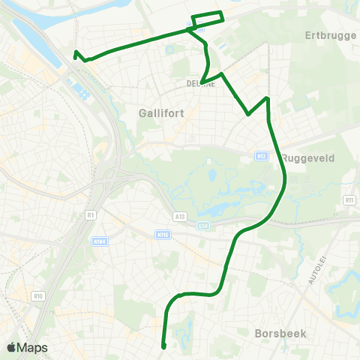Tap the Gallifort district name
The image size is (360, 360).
pyautogui.click(x=157, y=113)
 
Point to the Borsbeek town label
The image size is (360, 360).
pyautogui.click(x=280, y=332)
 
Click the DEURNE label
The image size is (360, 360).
pyautogui.click(x=201, y=84)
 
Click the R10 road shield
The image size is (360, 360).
pyautogui.click(x=39, y=296)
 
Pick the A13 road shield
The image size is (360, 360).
pyautogui.click(x=179, y=217)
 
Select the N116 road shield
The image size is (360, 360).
pyautogui.click(x=163, y=235)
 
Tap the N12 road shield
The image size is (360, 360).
pyautogui.click(x=261, y=156)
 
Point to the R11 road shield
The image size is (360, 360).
pyautogui.click(x=349, y=200)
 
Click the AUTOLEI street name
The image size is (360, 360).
pyautogui.click(x=316, y=270)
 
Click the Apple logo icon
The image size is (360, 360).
pyautogui.click(x=12, y=347)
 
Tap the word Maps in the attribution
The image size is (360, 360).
pyautogui.click(x=33, y=347)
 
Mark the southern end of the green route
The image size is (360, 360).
pyautogui.click(x=163, y=346)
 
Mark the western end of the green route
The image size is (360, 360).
pyautogui.click(x=76, y=52)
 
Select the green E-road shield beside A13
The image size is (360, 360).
pyautogui.click(x=202, y=225)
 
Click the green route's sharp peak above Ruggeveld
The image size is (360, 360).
pyautogui.click(x=266, y=98)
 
